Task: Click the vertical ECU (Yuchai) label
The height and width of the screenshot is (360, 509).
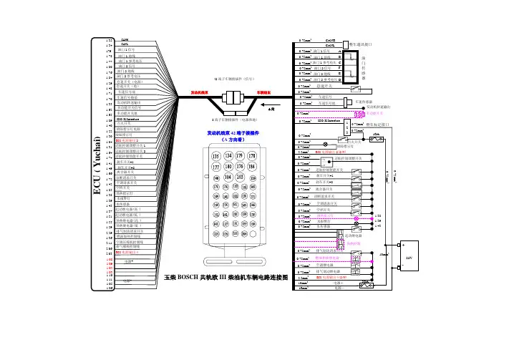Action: [x=94, y=165]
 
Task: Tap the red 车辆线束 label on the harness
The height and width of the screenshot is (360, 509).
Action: [x=264, y=92]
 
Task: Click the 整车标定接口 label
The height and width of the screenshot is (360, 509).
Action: [x=377, y=123]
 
